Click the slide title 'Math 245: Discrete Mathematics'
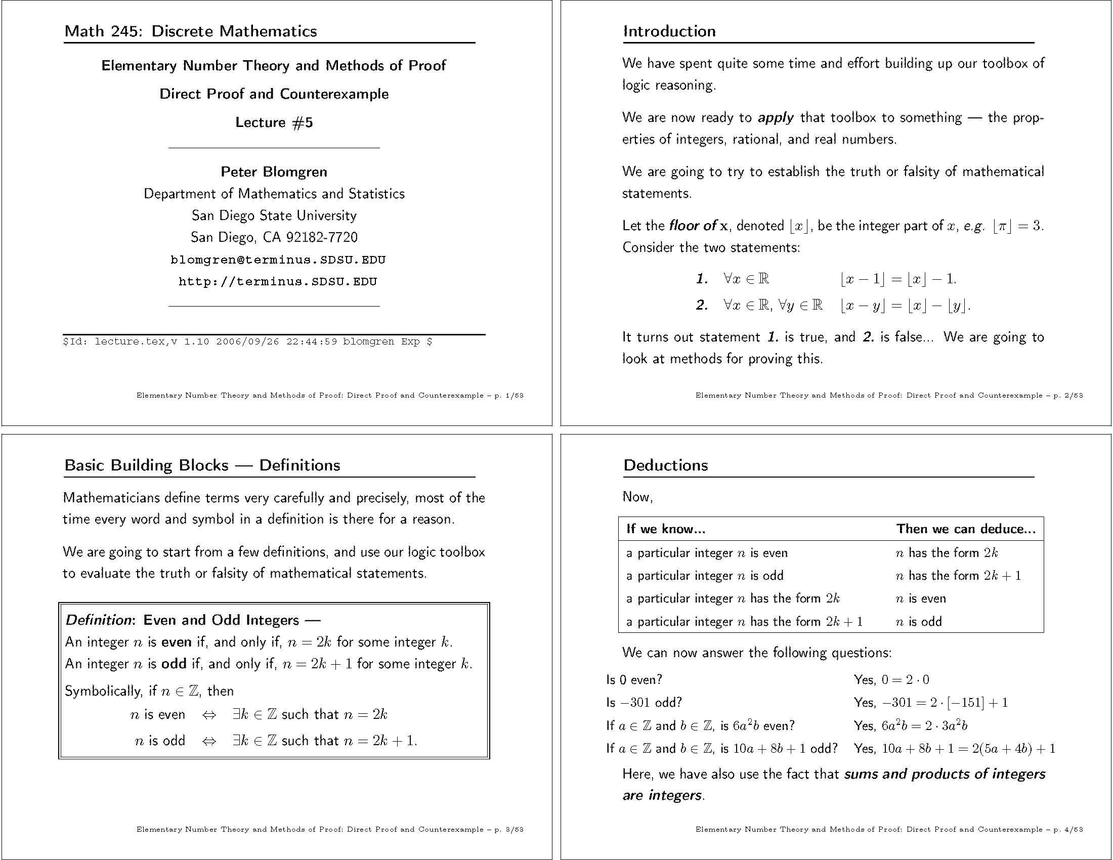point(191,31)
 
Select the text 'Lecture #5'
point(274,122)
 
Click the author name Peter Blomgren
point(274,171)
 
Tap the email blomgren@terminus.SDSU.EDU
point(278,260)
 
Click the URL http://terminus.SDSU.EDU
point(278,281)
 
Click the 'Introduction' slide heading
point(669,31)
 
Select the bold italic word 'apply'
point(775,118)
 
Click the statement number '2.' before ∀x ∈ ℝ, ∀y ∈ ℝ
point(702,305)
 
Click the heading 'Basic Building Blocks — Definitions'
point(202,465)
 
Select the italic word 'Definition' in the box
point(98,620)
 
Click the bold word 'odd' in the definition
point(174,664)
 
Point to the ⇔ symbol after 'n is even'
point(209,715)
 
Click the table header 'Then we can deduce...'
point(966,529)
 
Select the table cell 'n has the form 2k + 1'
point(958,576)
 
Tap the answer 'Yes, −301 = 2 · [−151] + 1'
point(930,703)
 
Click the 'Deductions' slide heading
point(666,465)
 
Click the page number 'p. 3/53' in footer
point(508,830)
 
